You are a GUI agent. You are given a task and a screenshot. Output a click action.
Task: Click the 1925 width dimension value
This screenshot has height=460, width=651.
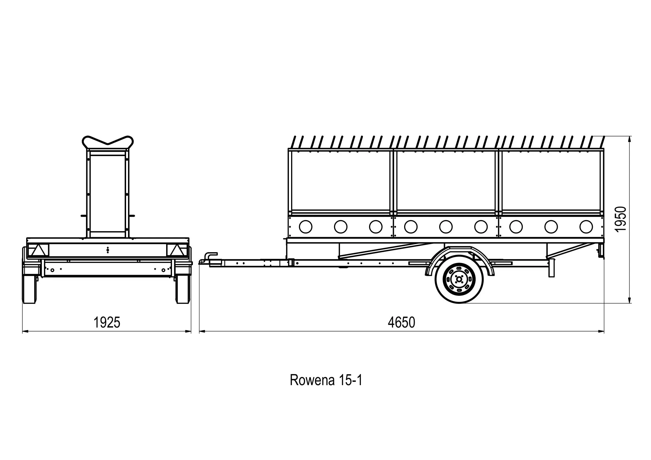point(107,323)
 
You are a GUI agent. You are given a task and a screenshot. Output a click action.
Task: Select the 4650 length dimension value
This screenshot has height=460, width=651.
point(401,323)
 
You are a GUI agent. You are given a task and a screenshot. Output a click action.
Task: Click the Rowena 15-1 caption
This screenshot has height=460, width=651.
point(326,380)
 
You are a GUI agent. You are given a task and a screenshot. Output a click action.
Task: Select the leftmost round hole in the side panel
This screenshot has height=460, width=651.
point(305,227)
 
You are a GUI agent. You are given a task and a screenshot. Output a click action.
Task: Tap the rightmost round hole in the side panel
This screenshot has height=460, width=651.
point(586,227)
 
